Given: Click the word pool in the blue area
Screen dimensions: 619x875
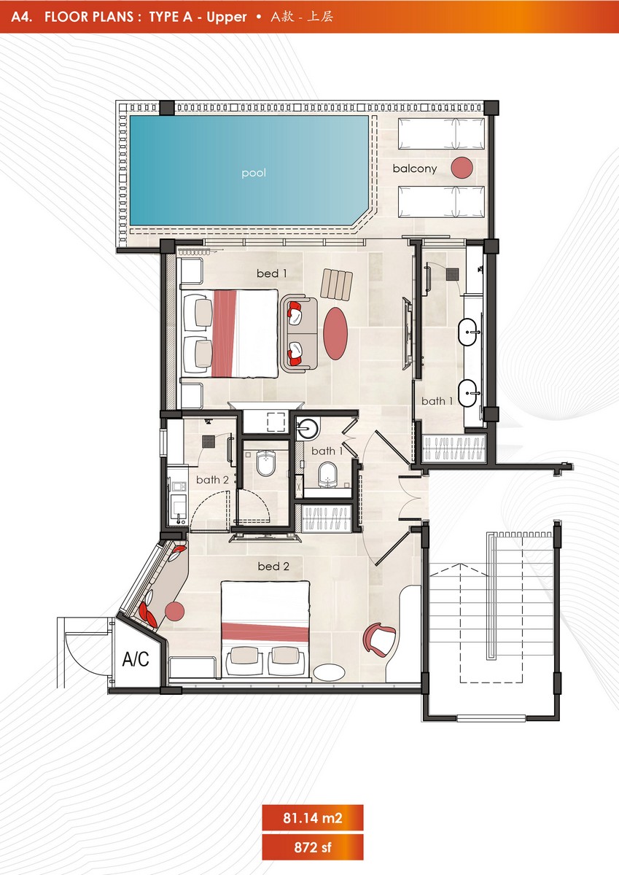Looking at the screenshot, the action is (x=254, y=173).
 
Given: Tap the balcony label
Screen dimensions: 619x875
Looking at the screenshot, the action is (x=415, y=168).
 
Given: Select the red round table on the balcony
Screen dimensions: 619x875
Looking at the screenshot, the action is (x=462, y=168).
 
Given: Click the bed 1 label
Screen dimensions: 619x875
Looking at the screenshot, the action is (x=271, y=273).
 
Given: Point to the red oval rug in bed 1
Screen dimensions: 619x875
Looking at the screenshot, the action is (x=335, y=333).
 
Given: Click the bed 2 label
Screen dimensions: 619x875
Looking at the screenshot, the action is (x=273, y=567).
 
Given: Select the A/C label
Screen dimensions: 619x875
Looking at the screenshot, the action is (x=136, y=659).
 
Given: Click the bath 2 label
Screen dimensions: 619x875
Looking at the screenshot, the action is (x=212, y=480).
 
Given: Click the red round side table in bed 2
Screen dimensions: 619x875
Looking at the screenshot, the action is (x=174, y=611).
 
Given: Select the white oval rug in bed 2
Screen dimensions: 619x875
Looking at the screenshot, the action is (x=330, y=672).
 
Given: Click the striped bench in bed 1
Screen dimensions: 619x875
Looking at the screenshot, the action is (x=337, y=284).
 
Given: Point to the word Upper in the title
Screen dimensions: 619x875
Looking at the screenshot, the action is (x=227, y=17).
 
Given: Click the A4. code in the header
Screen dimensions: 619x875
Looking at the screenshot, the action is (x=22, y=17).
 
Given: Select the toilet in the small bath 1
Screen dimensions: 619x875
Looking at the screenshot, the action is (x=327, y=475).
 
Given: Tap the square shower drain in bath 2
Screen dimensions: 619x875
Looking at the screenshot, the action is (x=208, y=441).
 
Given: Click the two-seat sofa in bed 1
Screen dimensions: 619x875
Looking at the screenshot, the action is (x=299, y=333).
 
